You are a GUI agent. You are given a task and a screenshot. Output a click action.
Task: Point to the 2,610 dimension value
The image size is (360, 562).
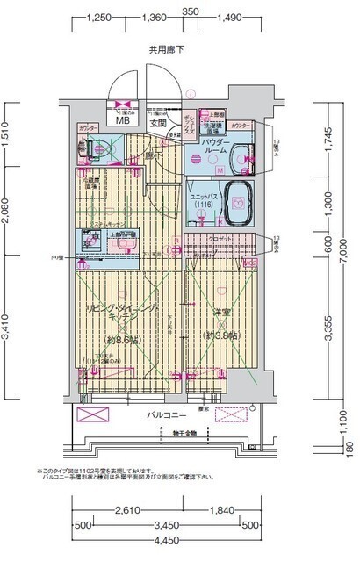[131, 510]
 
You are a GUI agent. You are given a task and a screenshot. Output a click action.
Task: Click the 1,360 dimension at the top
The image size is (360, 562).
[153, 17]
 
